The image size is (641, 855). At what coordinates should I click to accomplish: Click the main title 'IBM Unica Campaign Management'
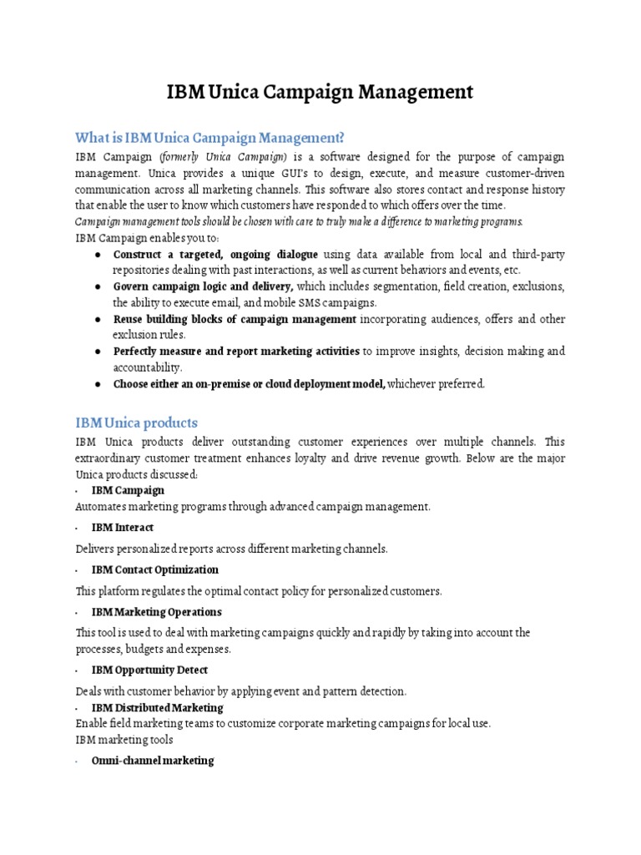point(320,91)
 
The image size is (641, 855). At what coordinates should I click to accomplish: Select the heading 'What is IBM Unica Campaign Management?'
point(209,137)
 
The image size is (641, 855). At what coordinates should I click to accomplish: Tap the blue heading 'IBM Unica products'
point(136,422)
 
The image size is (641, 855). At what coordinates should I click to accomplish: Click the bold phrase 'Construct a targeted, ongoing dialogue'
point(215,254)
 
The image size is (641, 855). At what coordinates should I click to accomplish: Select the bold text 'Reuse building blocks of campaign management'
point(235,319)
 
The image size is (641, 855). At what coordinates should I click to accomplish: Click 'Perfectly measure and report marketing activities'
point(236,352)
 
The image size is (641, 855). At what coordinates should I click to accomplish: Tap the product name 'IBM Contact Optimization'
point(154,569)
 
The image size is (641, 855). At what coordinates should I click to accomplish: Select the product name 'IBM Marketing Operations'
point(156,612)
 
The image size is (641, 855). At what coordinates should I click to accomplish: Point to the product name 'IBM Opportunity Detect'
point(149,670)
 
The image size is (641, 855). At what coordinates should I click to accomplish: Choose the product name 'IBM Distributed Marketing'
point(157,708)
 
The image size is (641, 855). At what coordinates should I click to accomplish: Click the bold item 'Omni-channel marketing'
point(152,761)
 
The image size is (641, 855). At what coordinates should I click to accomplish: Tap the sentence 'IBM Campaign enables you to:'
point(144,237)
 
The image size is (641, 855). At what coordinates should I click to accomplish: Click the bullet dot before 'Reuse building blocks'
point(98,320)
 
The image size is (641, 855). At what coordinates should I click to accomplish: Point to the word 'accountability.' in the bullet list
point(148,367)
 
